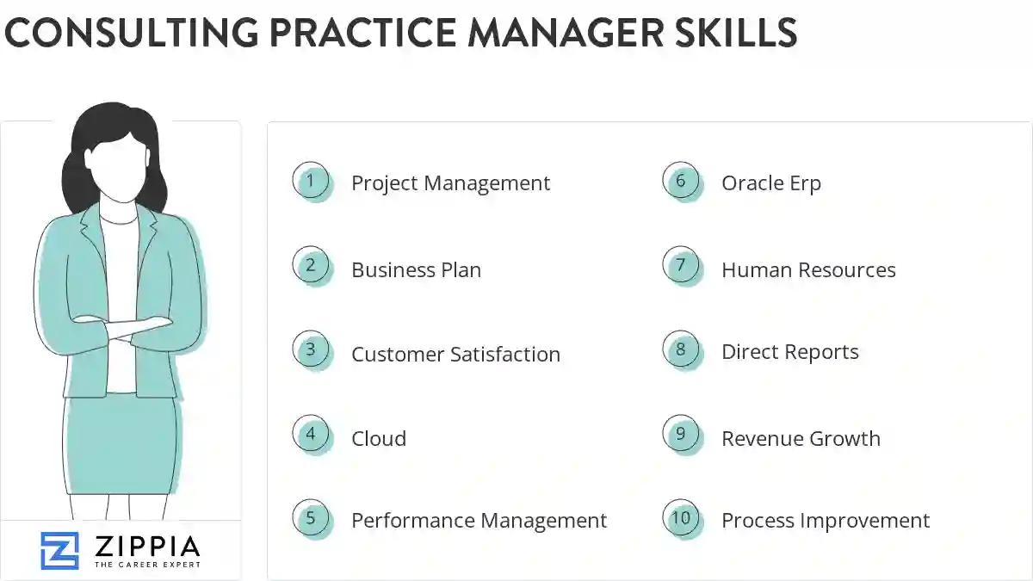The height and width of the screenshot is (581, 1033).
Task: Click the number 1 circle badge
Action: pos(311,182)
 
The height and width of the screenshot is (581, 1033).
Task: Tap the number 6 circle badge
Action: pos(681,182)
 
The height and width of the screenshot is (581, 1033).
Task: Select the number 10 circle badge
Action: pos(681,518)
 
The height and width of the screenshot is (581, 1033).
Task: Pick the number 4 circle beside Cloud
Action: pos(311,435)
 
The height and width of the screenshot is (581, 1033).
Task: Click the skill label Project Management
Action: pos(450,183)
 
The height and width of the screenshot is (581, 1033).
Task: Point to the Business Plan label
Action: pos(416,270)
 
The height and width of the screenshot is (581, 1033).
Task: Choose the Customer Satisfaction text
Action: pos(455,355)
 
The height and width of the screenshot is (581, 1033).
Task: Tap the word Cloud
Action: pos(379,439)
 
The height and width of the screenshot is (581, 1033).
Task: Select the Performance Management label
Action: pos(479,521)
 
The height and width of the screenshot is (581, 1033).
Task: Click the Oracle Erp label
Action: pos(771,183)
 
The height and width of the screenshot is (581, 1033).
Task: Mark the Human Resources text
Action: pos(808,270)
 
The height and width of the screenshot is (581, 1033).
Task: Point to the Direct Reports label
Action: pos(790,352)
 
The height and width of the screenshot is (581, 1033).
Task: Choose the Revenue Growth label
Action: pos(801,439)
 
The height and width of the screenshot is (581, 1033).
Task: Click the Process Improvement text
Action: pos(826,521)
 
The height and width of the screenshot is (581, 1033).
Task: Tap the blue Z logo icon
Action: pos(59,550)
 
